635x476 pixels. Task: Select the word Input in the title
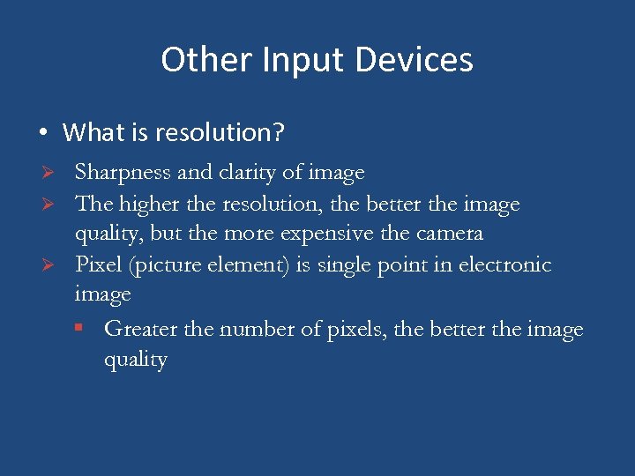(x=295, y=60)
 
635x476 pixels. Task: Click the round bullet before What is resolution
(x=42, y=134)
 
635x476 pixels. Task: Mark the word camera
(x=450, y=234)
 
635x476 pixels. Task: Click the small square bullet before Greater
(x=79, y=330)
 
